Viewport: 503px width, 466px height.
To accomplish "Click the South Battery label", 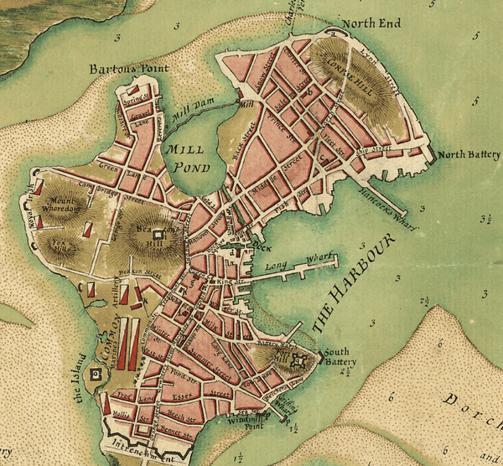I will [342, 355].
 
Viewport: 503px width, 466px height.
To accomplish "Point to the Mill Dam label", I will [190, 115].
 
